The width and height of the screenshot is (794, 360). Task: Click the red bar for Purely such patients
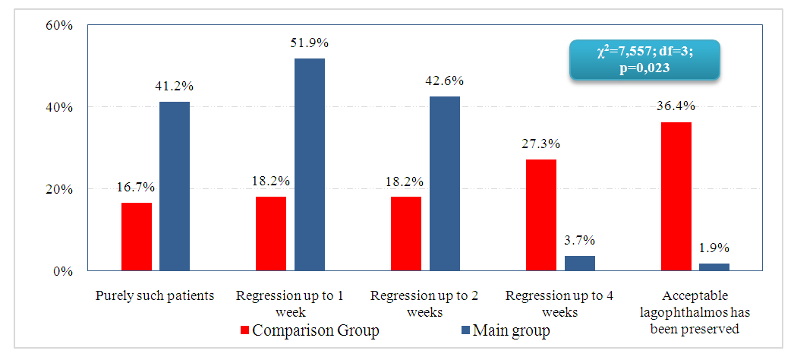137,236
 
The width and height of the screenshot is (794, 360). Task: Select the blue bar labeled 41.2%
175,186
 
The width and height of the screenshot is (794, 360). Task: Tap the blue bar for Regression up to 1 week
310,164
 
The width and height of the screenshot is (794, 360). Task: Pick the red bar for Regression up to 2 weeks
406,233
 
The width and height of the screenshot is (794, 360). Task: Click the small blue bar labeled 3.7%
580,263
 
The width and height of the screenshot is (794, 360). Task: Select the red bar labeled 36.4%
676,196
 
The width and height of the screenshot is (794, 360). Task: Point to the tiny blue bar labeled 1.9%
714,267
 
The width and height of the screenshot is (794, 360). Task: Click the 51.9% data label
310,43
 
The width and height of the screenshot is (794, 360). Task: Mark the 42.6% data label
444,81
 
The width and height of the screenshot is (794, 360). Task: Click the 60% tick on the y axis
58,25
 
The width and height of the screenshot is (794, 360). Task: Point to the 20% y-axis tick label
58,189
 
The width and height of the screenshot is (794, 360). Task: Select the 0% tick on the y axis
62,271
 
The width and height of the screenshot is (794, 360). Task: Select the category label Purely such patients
155,295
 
